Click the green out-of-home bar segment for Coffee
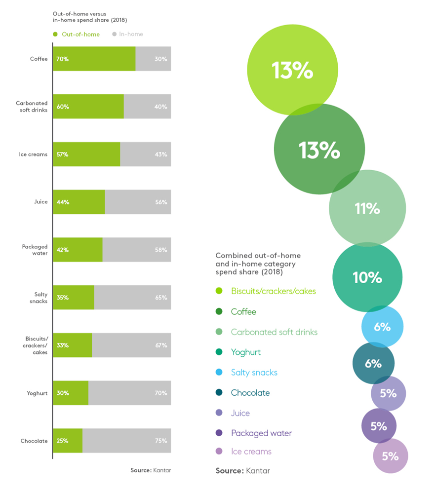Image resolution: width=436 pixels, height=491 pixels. (x=94, y=59)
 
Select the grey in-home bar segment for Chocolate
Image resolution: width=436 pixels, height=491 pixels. (x=126, y=441)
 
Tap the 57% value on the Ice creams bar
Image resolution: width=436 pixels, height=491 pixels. (x=63, y=154)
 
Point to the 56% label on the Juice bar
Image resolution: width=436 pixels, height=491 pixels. (x=161, y=202)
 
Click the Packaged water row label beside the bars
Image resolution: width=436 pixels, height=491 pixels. (x=35, y=250)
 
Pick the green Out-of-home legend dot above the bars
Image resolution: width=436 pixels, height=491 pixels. (x=55, y=35)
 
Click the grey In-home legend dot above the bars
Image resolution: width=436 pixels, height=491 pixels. (x=114, y=35)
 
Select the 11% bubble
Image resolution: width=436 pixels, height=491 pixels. (x=367, y=209)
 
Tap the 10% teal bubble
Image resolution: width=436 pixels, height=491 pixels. (x=367, y=277)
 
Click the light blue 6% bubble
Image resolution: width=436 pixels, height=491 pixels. (x=382, y=327)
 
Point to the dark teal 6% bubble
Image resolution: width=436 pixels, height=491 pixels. (x=373, y=364)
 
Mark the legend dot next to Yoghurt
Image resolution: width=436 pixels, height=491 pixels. (x=219, y=352)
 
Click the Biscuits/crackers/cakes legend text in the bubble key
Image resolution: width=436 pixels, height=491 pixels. (x=273, y=291)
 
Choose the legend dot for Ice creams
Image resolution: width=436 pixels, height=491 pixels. (x=219, y=451)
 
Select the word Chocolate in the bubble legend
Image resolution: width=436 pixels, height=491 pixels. (x=250, y=393)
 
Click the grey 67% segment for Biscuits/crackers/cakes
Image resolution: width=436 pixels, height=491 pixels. (x=131, y=345)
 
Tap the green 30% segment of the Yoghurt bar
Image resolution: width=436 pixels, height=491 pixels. (x=71, y=393)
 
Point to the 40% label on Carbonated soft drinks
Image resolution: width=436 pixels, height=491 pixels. (x=161, y=107)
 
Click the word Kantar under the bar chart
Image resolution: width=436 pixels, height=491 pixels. (x=162, y=470)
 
